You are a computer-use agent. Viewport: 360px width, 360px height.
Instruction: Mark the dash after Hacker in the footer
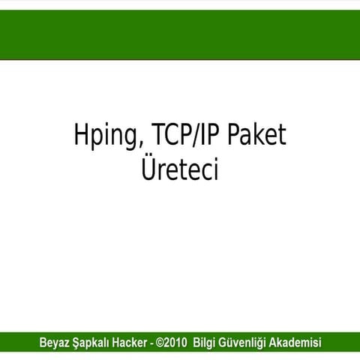(154, 344)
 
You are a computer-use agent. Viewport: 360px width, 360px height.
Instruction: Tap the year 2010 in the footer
(177, 343)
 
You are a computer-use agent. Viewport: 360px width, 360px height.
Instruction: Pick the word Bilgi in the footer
(205, 343)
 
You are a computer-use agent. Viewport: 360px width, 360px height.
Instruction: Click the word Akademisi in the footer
(295, 343)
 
